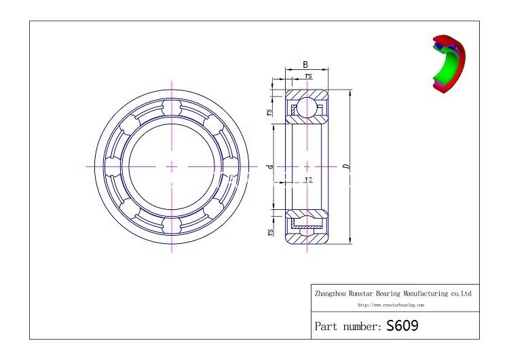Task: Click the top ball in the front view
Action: coord(172,109)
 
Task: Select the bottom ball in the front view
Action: coord(172,223)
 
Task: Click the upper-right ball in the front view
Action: coord(212,126)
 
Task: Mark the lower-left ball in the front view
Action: coord(131,206)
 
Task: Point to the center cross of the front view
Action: coord(172,166)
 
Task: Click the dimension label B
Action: coord(305,65)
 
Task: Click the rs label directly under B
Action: coord(309,77)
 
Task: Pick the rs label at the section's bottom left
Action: coord(270,232)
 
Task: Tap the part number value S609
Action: coord(402,325)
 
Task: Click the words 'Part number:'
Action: coord(348,326)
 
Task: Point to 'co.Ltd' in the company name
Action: coord(460,294)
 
